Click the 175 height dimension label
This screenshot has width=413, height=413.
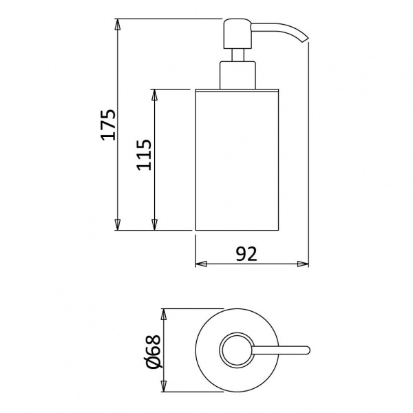tap(108, 125)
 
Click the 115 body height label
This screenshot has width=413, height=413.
tap(144, 155)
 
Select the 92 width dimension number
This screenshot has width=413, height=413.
tap(246, 254)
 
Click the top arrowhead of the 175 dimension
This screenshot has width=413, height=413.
tap(118, 25)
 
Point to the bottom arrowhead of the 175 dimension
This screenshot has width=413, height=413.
tap(118, 224)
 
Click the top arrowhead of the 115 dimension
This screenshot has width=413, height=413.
tap(155, 95)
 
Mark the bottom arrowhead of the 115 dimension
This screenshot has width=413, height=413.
tap(155, 224)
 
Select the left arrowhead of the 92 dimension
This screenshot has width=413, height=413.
tap(201, 264)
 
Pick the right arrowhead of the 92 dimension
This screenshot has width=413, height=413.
tap(303, 264)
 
